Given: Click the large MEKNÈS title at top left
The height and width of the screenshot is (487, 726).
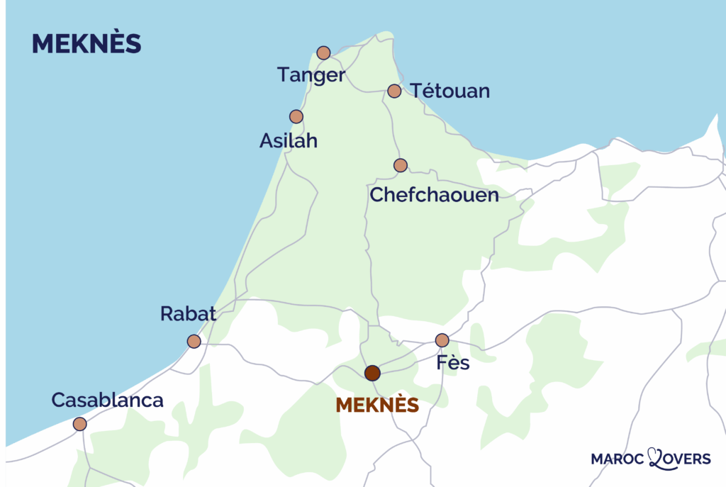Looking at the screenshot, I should (86, 44).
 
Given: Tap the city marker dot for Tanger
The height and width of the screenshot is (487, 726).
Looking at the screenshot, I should (323, 52).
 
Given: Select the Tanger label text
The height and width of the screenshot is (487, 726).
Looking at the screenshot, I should (311, 75).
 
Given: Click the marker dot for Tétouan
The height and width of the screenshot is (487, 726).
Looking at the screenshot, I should (394, 91).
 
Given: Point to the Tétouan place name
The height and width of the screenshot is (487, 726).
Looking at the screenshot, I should (450, 91).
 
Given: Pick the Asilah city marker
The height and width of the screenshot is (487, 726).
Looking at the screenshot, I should (296, 116).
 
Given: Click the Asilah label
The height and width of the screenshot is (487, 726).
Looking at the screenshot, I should (288, 141).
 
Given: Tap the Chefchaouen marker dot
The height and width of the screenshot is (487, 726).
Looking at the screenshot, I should (401, 165).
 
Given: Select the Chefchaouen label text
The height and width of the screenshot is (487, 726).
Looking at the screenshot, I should (435, 194).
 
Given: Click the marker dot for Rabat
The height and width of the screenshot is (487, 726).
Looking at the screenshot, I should (194, 341).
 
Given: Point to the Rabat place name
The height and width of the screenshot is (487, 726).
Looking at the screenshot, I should (188, 314).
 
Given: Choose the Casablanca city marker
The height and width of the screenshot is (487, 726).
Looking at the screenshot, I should (80, 424).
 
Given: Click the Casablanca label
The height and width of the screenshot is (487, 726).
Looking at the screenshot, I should (108, 400).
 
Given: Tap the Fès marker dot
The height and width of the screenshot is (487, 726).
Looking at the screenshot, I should (442, 340).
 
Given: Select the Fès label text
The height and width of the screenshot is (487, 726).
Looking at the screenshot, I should (454, 366).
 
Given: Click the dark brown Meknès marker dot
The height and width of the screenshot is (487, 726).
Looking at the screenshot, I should (372, 373).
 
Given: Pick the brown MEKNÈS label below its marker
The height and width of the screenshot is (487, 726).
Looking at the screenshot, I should (376, 405).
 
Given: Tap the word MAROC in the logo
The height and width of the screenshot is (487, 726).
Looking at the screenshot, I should (618, 459).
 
